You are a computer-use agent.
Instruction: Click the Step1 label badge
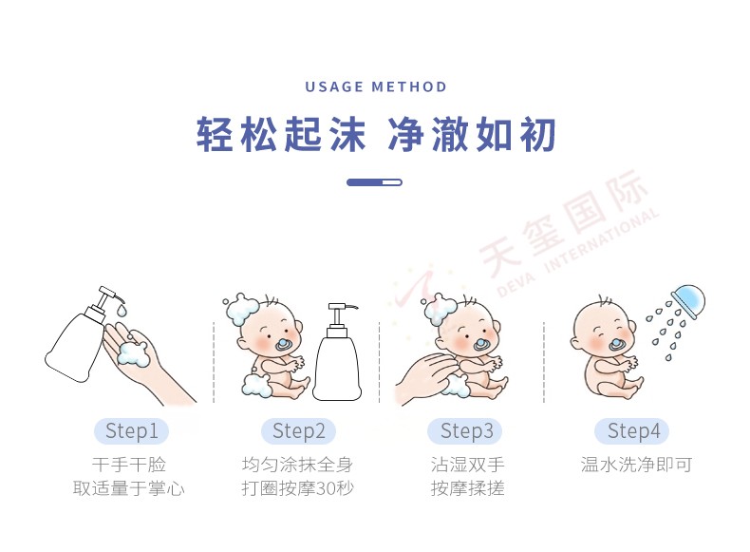click(131, 431)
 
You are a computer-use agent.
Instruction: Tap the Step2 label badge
click(298, 431)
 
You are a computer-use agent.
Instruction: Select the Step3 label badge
click(465, 431)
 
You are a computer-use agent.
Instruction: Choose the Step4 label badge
click(632, 431)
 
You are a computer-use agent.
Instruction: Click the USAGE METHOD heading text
click(376, 86)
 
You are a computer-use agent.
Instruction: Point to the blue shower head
click(689, 300)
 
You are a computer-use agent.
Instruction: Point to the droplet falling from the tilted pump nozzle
click(122, 311)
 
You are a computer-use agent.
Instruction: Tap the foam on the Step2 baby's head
click(242, 310)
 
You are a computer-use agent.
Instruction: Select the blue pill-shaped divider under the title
click(374, 182)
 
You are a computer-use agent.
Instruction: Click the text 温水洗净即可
click(636, 465)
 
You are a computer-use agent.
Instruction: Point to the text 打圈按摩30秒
click(297, 488)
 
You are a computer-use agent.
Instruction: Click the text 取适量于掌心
click(129, 488)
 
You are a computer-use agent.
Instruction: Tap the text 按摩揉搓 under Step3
click(467, 488)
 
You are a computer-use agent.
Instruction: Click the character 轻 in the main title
click(215, 134)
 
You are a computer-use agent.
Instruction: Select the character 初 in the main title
click(537, 134)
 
